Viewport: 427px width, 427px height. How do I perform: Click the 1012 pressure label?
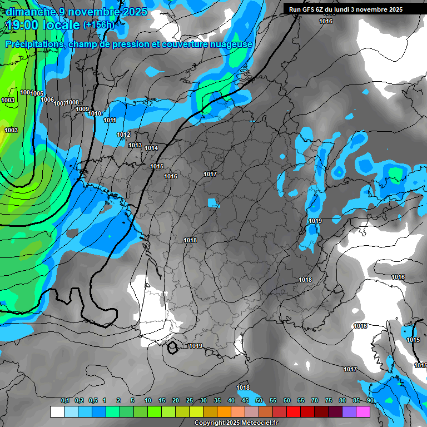tap(123, 135)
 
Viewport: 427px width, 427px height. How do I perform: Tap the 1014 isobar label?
tap(151, 148)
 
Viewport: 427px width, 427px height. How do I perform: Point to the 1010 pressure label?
tap(95, 114)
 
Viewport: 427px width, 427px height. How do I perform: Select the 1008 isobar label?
tap(72, 102)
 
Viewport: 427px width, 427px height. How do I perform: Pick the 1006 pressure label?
tap(47, 100)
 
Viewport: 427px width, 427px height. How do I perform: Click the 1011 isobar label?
tap(110, 121)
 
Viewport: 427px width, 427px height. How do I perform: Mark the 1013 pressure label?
tap(135, 146)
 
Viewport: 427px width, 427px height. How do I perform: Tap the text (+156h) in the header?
tap(98, 24)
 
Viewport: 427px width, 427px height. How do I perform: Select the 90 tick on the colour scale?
tap(370, 400)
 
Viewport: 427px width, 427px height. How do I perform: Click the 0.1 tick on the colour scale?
tap(64, 400)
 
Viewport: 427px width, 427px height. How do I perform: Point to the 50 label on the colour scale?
tap(259, 400)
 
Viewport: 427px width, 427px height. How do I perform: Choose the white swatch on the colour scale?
tap(57, 411)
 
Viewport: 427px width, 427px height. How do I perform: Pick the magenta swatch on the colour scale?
tap(363, 411)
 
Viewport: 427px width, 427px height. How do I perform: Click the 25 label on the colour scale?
tap(189, 400)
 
